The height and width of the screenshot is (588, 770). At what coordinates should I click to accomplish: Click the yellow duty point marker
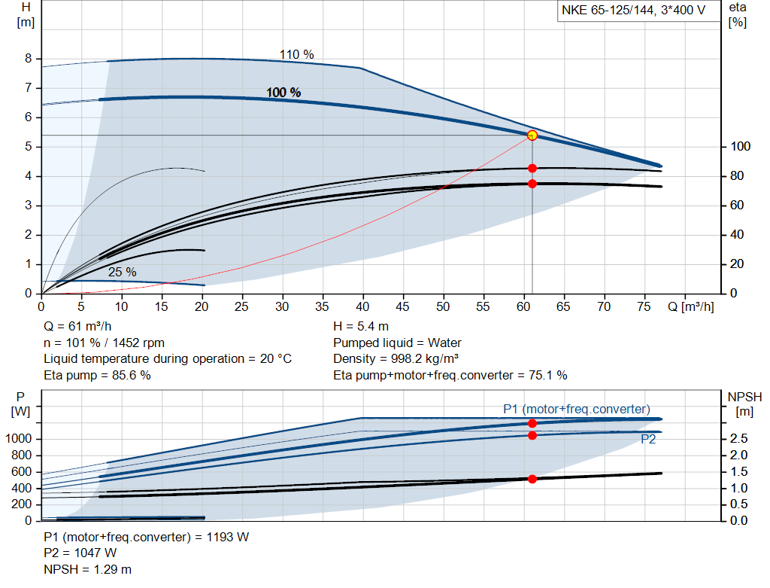(x=532, y=136)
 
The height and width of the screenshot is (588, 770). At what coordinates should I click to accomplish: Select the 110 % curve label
(x=296, y=55)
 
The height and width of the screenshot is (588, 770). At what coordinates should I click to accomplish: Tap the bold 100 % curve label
(x=283, y=93)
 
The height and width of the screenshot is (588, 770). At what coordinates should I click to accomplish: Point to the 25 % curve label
(x=122, y=272)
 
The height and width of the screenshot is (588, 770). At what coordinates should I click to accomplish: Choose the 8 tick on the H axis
(x=28, y=59)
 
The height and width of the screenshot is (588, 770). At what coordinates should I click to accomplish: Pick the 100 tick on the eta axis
(x=740, y=147)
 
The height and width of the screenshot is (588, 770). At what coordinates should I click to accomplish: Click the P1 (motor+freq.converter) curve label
(x=576, y=409)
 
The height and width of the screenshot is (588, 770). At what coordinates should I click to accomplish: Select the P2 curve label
(x=647, y=440)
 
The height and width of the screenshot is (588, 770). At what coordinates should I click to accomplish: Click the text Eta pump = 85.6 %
(x=97, y=375)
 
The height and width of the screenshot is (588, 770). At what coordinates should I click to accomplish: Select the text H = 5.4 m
(x=361, y=327)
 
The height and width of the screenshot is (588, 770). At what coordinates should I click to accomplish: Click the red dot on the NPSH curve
(x=532, y=479)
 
